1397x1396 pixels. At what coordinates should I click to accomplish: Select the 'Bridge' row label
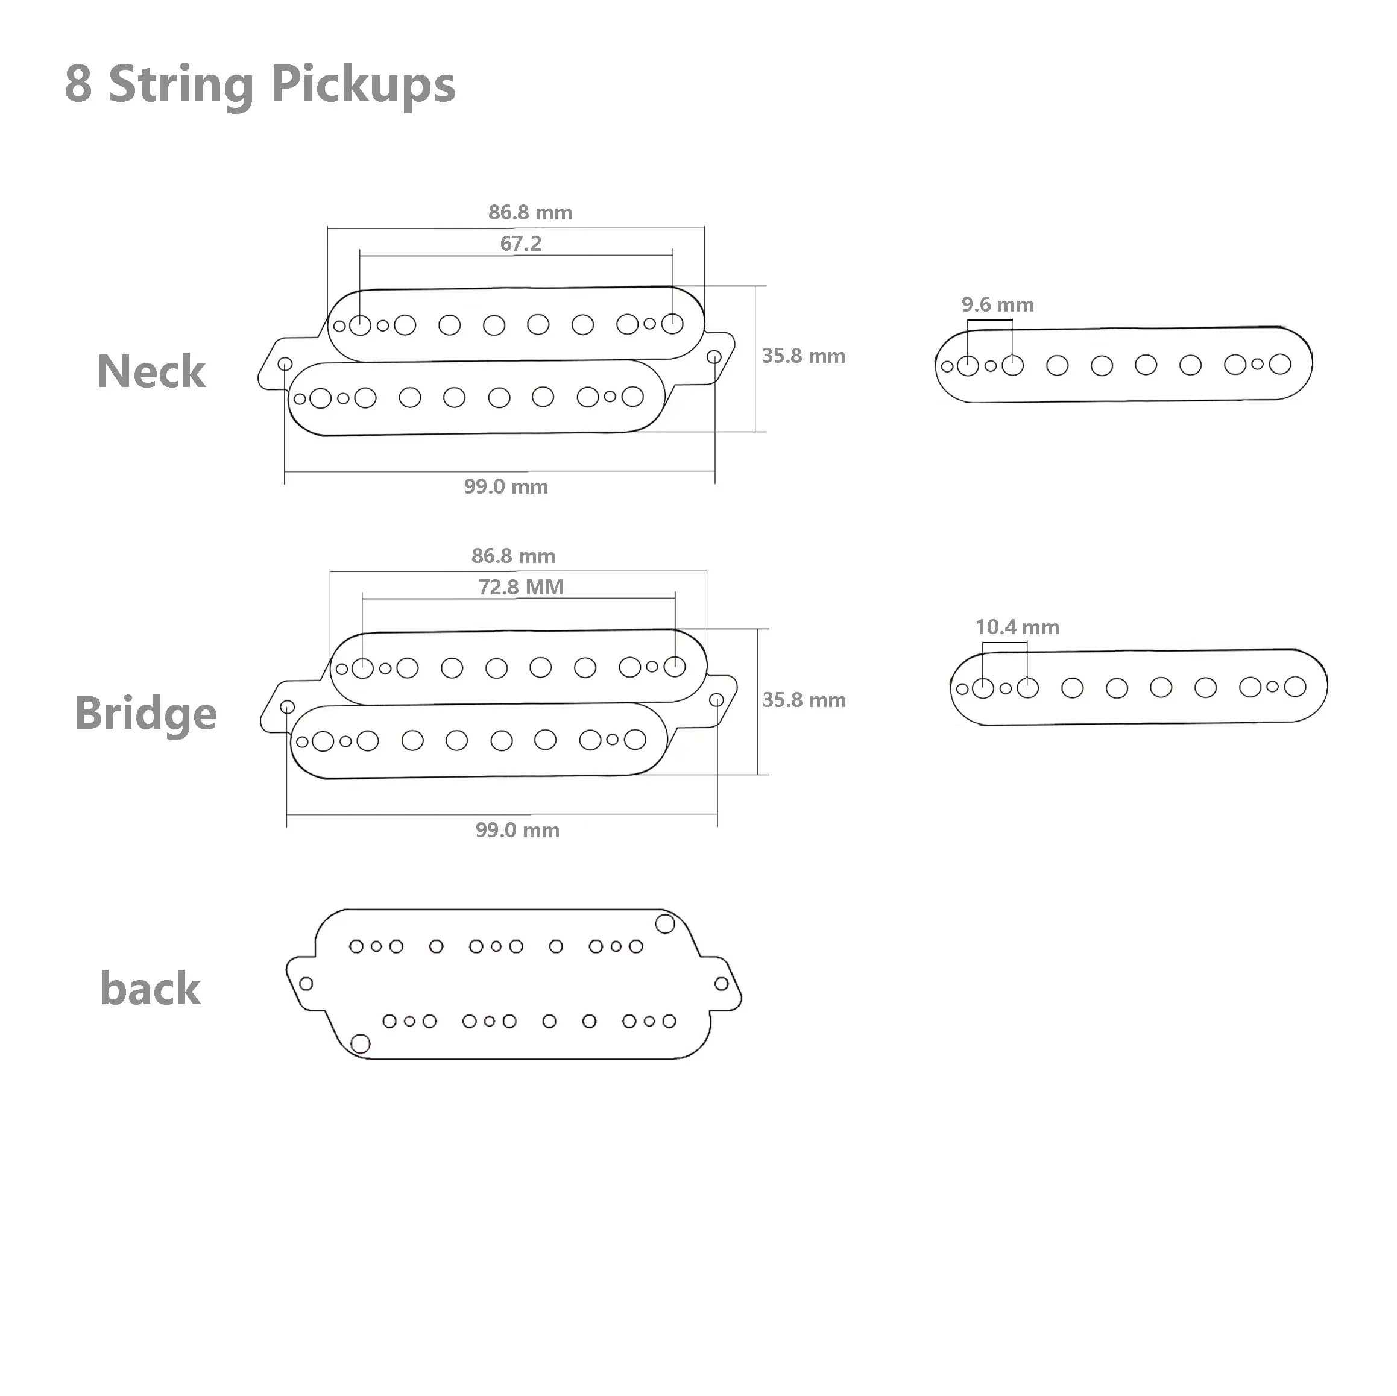pos(146,714)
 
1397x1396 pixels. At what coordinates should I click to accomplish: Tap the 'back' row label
pos(150,989)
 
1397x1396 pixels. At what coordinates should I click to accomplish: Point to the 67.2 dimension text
pos(520,244)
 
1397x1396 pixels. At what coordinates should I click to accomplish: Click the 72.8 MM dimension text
pos(520,587)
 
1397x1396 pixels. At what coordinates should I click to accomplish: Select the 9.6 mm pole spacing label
pos(998,304)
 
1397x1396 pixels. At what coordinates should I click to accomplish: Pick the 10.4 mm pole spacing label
pos(1017,627)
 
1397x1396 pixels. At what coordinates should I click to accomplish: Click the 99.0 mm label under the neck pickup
pos(506,486)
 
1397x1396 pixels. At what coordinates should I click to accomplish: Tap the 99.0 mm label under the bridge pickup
pos(518,830)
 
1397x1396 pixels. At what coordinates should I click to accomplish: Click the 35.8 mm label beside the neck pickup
pos(803,356)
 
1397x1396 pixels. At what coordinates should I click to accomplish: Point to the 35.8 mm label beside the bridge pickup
pos(804,700)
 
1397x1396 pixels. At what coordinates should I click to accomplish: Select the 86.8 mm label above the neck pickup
pos(530,213)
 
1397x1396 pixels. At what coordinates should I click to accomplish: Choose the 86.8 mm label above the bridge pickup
pos(513,556)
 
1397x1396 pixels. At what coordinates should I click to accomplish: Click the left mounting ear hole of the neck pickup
pos(285,363)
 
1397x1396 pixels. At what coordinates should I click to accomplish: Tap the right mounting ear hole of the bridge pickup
pos(716,700)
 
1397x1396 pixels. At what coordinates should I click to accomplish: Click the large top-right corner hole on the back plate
pos(665,924)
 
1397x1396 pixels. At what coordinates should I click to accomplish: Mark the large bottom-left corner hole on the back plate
pos(360,1044)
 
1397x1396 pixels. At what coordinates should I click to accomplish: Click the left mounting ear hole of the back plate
pos(306,984)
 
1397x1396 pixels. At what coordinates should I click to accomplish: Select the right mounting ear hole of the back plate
pos(722,984)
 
